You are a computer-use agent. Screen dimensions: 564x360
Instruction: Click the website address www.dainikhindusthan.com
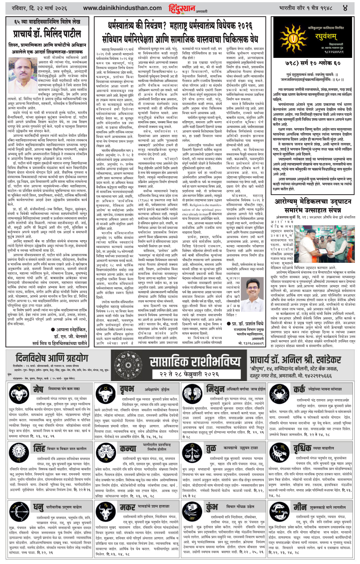pos(122,8)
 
